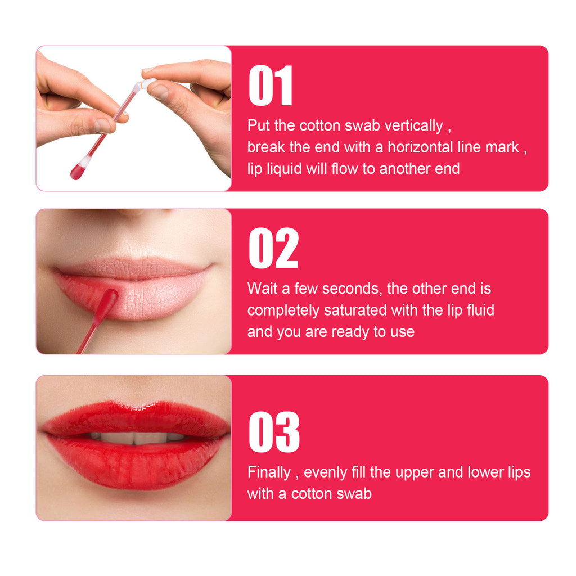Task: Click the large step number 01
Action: [x=271, y=85]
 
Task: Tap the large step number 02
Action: [x=273, y=248]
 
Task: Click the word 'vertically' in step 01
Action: [x=413, y=126]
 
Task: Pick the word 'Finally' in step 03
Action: [x=269, y=472]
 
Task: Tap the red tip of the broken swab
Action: [x=76, y=172]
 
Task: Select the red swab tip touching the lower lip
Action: [x=109, y=299]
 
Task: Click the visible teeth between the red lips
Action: [x=137, y=438]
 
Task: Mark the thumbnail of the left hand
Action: [x=102, y=125]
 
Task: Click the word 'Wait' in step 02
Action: [x=262, y=289]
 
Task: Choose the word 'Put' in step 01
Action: [x=259, y=125]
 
